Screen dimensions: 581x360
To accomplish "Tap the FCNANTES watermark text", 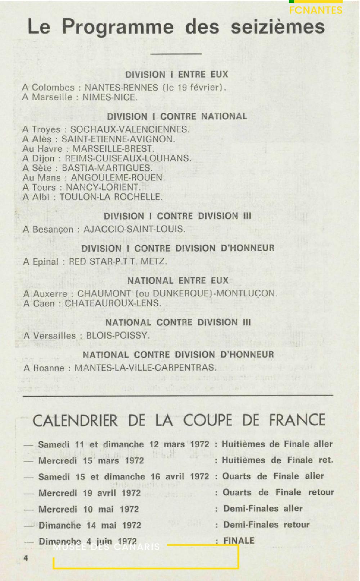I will tap(316, 10).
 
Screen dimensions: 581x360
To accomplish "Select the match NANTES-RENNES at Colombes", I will tap(121, 88).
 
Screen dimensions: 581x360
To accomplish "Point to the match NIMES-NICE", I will tap(110, 97).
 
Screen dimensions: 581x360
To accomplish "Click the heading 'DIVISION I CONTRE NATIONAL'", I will tap(177, 116).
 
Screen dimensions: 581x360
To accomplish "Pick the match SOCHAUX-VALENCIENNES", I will tap(129, 129).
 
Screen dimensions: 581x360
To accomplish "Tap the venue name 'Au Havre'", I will tap(42, 149).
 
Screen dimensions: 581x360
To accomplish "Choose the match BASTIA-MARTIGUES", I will tap(107, 168).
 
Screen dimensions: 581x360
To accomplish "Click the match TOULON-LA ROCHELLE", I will tap(111, 197).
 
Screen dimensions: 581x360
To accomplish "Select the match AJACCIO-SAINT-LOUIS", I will tap(134, 229).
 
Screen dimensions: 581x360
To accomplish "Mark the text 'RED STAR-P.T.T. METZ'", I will tap(118, 262).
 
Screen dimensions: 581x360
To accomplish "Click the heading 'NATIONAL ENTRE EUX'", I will tap(178, 280).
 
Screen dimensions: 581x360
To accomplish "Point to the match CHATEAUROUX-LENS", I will tap(113, 303).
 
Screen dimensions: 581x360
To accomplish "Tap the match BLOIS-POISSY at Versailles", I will tap(117, 336).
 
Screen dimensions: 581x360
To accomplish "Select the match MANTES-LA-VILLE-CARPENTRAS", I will tap(145, 368).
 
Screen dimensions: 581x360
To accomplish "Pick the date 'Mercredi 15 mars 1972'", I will tap(91, 460).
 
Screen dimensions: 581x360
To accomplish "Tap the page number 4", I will tap(26, 558).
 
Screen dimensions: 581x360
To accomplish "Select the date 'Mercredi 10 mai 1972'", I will tap(89, 509).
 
